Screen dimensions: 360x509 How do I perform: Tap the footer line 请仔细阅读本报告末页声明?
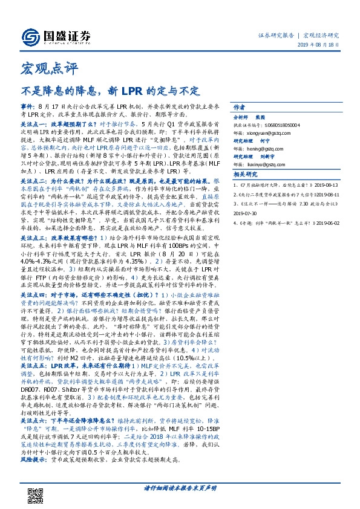point(180,487)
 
